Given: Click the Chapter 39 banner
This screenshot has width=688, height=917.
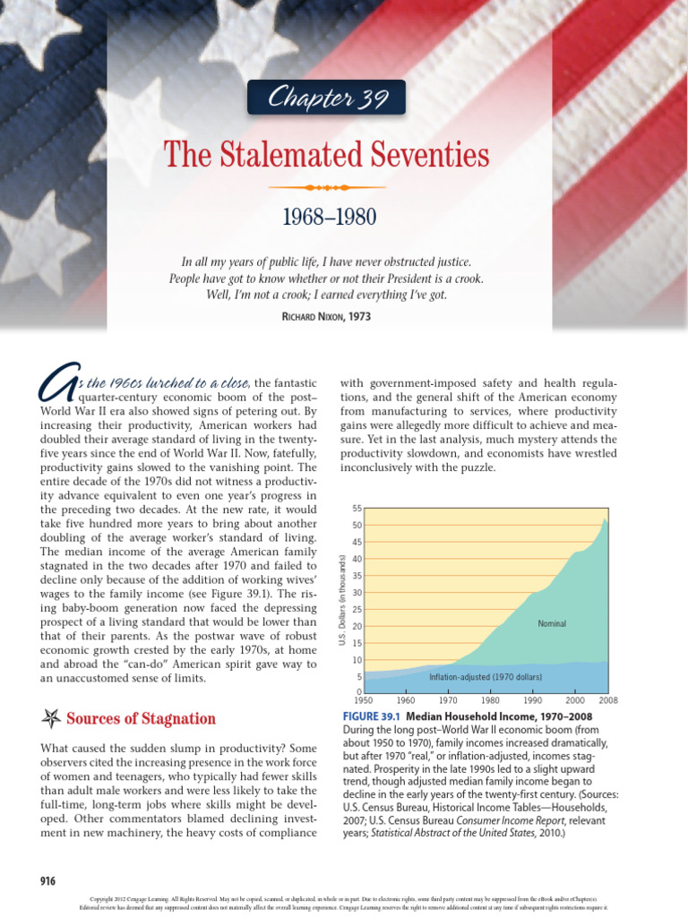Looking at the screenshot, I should pos(326,98).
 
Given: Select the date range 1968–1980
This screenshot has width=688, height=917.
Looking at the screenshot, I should pos(329,217).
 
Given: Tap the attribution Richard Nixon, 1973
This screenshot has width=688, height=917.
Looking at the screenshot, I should pos(326,316).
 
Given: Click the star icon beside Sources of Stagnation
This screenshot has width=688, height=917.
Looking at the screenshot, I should pos(51,718).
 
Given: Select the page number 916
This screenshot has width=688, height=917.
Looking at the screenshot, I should pos(47,881).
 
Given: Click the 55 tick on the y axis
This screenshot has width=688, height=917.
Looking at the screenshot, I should pos(357,508).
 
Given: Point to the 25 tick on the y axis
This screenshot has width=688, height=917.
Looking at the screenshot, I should pos(357,609).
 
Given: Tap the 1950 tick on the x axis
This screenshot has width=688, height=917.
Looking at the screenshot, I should pos(364,700).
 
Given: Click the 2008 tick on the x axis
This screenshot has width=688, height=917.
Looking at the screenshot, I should pos(608,700).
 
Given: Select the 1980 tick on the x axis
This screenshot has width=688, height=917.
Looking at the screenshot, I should pos(490,700).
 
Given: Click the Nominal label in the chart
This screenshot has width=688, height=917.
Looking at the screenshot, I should pos(552,623).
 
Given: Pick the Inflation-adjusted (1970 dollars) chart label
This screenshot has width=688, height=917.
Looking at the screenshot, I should pos(486,677).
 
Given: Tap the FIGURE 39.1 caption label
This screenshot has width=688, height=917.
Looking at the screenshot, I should pos(372,716).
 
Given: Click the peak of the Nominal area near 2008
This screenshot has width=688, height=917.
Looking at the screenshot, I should pos(604,518).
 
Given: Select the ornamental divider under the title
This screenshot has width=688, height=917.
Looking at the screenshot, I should pos(326,187).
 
